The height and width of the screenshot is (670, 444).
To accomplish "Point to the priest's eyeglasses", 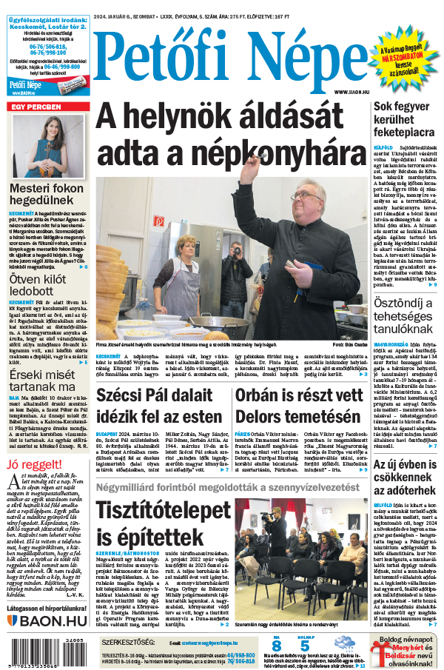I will point(305,195).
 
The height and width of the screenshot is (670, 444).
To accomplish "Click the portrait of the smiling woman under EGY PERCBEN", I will point(47,145).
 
